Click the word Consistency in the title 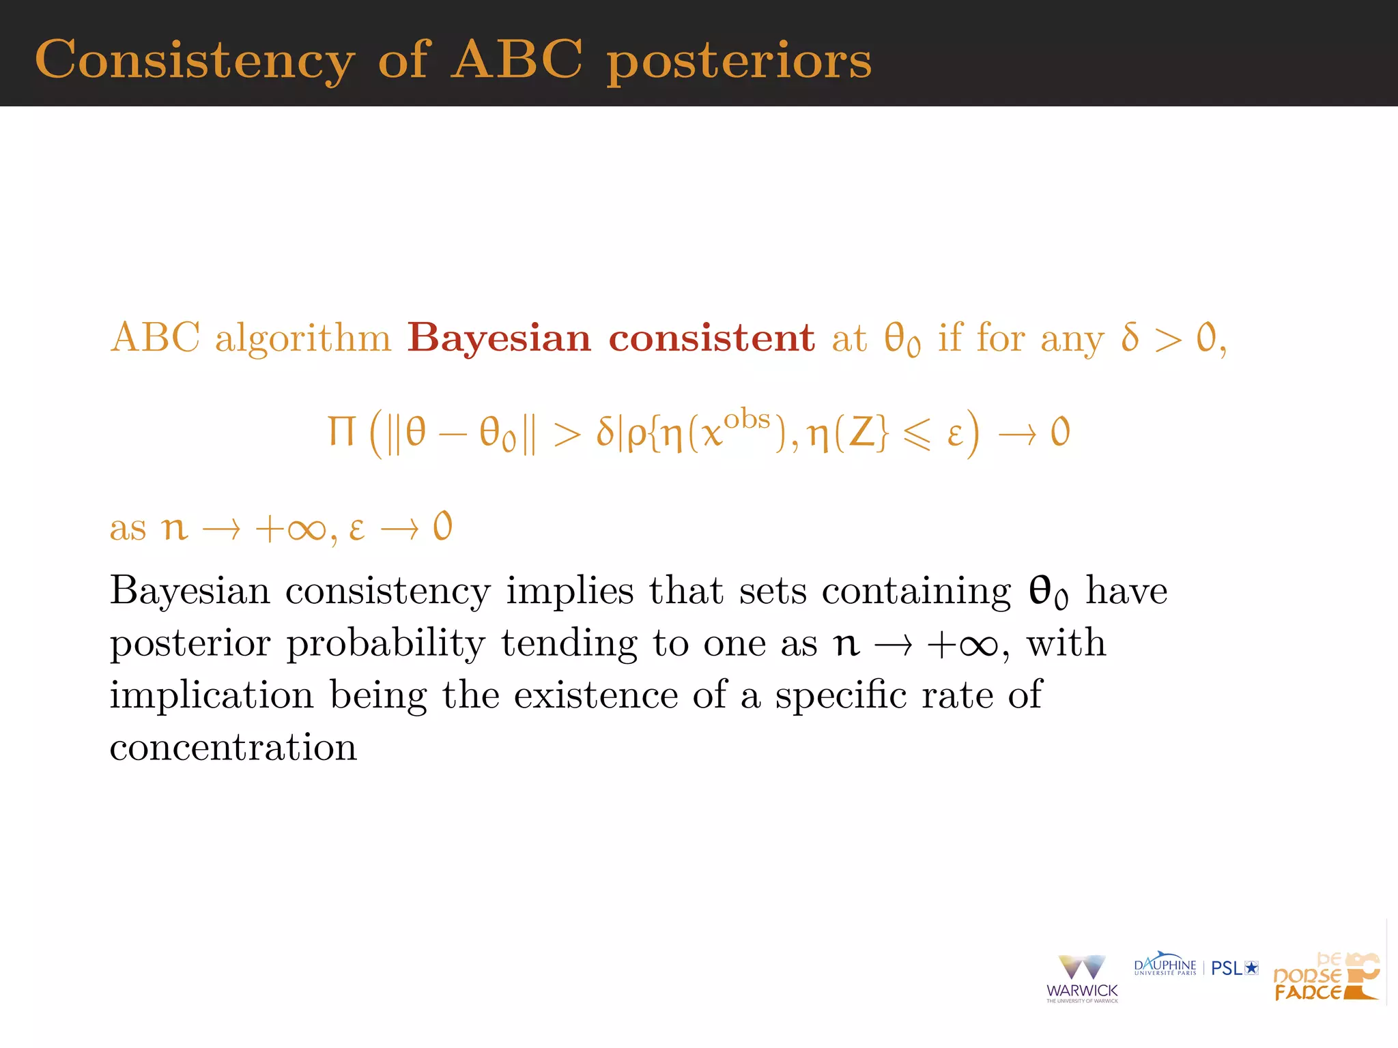click(195, 60)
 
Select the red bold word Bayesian click(498, 338)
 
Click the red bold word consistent click(711, 338)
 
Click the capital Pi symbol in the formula click(341, 432)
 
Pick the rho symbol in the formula click(636, 435)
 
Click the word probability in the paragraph click(386, 644)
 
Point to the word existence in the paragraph click(595, 695)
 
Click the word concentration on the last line click(233, 748)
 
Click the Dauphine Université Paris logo click(1165, 964)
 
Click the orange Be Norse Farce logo click(1326, 977)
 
